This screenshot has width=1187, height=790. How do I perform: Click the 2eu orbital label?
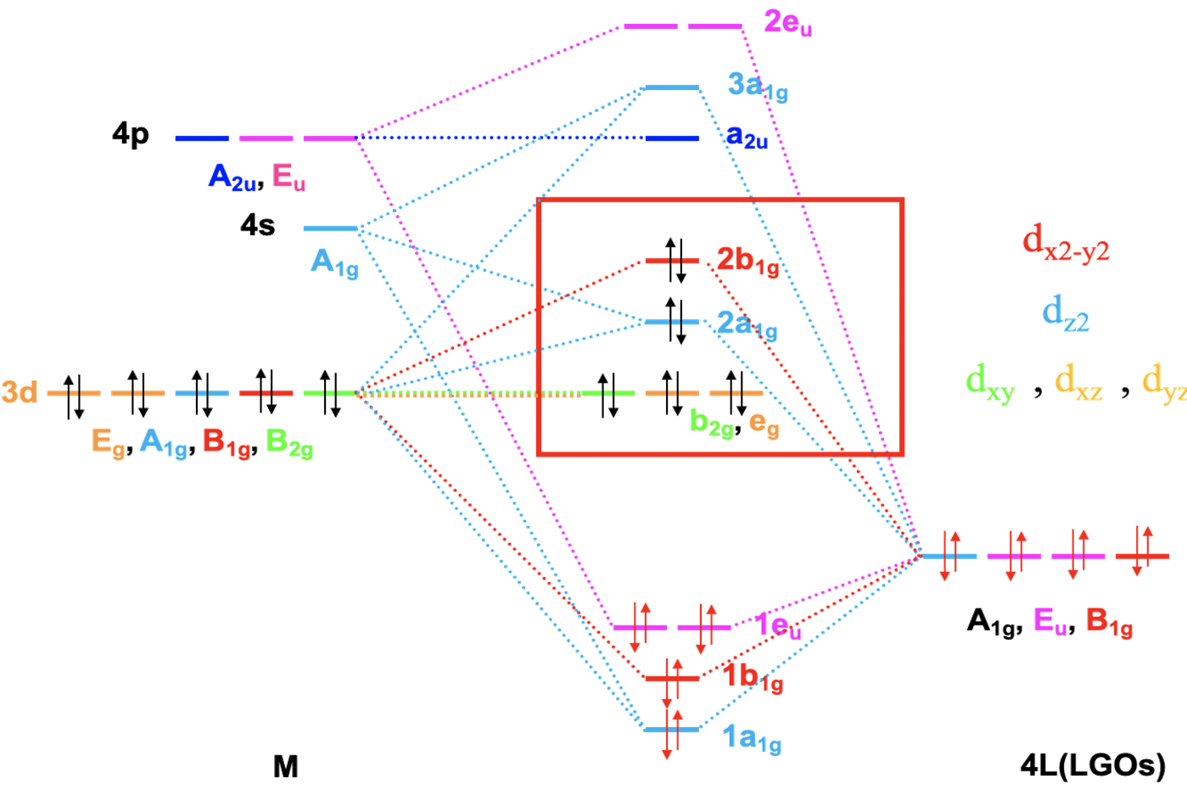(787, 23)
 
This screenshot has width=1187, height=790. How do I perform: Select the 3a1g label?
(757, 86)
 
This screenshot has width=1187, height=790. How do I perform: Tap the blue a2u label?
(746, 137)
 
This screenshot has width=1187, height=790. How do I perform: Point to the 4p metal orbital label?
(131, 134)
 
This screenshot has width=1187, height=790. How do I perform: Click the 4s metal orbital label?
(258, 226)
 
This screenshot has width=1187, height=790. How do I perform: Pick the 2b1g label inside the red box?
(747, 261)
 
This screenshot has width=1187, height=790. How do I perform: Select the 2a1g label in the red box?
(747, 324)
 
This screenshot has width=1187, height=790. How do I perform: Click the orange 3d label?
(19, 392)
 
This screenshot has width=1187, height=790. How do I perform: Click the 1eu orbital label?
(777, 626)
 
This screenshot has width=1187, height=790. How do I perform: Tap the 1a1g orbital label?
(752, 739)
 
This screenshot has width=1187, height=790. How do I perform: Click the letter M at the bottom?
(286, 767)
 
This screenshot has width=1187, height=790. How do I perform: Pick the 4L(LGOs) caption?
(1092, 765)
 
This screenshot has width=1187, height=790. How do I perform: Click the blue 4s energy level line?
(331, 229)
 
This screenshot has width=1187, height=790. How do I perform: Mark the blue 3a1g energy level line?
(672, 87)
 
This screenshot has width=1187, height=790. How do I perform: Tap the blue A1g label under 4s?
(334, 262)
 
